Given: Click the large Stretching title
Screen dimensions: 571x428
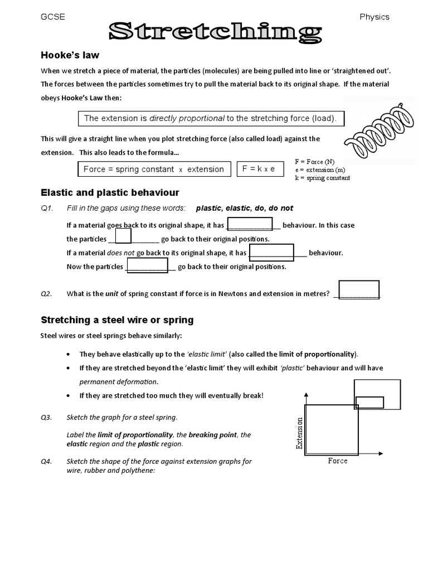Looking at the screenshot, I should coord(215,32).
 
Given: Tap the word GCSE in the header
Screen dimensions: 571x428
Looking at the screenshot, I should coord(53,17).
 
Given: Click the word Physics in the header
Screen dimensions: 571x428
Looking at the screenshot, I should coord(374,17).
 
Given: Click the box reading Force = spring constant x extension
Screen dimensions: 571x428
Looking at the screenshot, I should coord(153,169).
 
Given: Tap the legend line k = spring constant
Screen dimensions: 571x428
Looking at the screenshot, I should coord(323,178).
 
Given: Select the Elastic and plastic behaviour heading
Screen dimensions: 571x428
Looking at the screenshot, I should coord(110,192).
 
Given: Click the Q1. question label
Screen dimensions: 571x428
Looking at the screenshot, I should coord(46,208).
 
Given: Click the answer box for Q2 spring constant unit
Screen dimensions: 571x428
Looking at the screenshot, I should coord(359,290).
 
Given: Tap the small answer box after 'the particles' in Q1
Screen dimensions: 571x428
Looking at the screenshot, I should coord(123,236).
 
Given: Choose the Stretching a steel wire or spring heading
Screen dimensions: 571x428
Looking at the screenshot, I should coord(118,320).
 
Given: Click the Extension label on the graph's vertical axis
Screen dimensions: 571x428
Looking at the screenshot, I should coord(300,433).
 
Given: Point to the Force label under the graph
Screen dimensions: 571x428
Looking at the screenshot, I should coord(338,461).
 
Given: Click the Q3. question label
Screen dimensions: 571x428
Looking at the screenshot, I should coord(46,418).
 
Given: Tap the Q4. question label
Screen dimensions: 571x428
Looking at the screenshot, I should coord(46,461).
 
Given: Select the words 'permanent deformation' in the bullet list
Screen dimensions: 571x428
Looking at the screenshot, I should coord(118,382).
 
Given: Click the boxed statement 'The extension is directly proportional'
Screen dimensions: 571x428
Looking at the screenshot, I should coord(210,118).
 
